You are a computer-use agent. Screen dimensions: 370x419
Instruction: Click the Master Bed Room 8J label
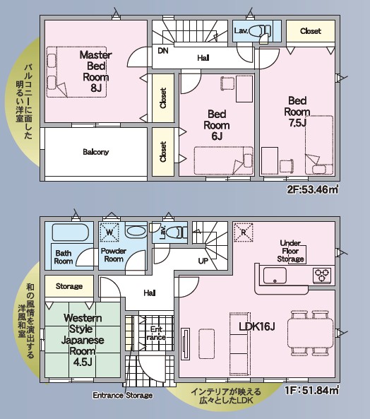(96, 71)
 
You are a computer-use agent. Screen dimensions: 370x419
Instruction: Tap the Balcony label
(96, 152)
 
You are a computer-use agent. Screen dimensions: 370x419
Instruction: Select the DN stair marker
(163, 50)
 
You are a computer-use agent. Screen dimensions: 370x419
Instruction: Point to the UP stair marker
(203, 261)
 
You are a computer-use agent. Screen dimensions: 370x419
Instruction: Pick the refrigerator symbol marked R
(244, 232)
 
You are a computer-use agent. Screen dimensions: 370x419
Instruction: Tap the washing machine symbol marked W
(109, 232)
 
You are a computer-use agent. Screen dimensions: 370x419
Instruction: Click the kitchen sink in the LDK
(275, 276)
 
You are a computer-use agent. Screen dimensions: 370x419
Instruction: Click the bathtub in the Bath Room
(71, 232)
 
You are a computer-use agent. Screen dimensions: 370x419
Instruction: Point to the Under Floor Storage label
(291, 251)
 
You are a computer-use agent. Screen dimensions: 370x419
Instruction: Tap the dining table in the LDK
(310, 333)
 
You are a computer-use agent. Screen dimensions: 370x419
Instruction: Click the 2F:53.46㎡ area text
(313, 189)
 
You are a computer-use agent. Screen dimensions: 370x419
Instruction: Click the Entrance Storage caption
(123, 395)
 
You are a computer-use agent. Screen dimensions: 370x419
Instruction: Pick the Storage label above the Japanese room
(69, 286)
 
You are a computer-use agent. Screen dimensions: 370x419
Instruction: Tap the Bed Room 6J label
(217, 125)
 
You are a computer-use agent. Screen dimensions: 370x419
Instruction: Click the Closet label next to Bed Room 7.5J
(311, 31)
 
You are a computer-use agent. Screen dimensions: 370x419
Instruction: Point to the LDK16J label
(257, 326)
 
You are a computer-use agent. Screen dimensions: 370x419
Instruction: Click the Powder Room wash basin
(136, 232)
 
